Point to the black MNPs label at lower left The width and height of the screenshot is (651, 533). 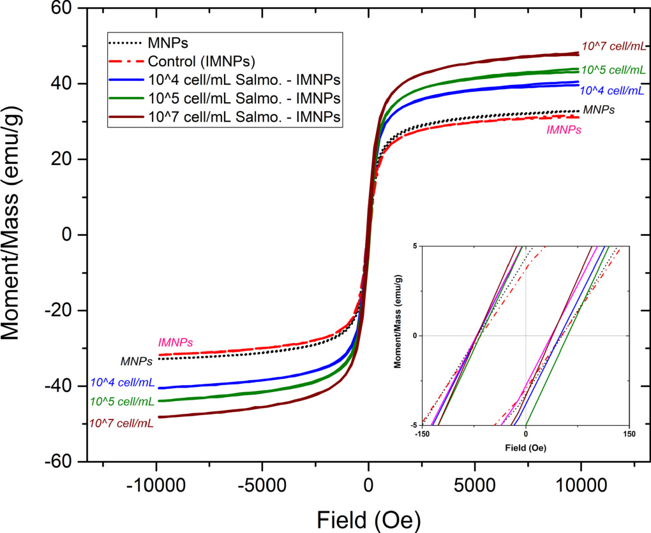tap(137, 361)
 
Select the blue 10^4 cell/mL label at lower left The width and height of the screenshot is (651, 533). tap(122, 383)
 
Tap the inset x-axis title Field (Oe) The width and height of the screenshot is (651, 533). tap(526, 448)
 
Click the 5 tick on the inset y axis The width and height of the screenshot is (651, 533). tap(414, 246)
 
